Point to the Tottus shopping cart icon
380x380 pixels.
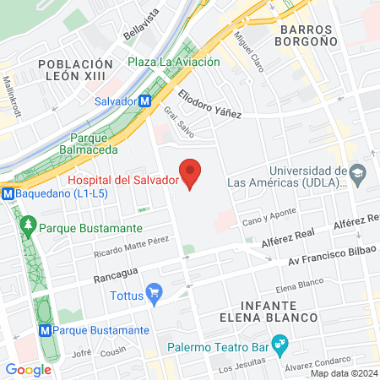point(154,295)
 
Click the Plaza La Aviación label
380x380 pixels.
point(174,62)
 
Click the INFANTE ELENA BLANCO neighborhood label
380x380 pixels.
point(279,311)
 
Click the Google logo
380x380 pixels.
point(29,369)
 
